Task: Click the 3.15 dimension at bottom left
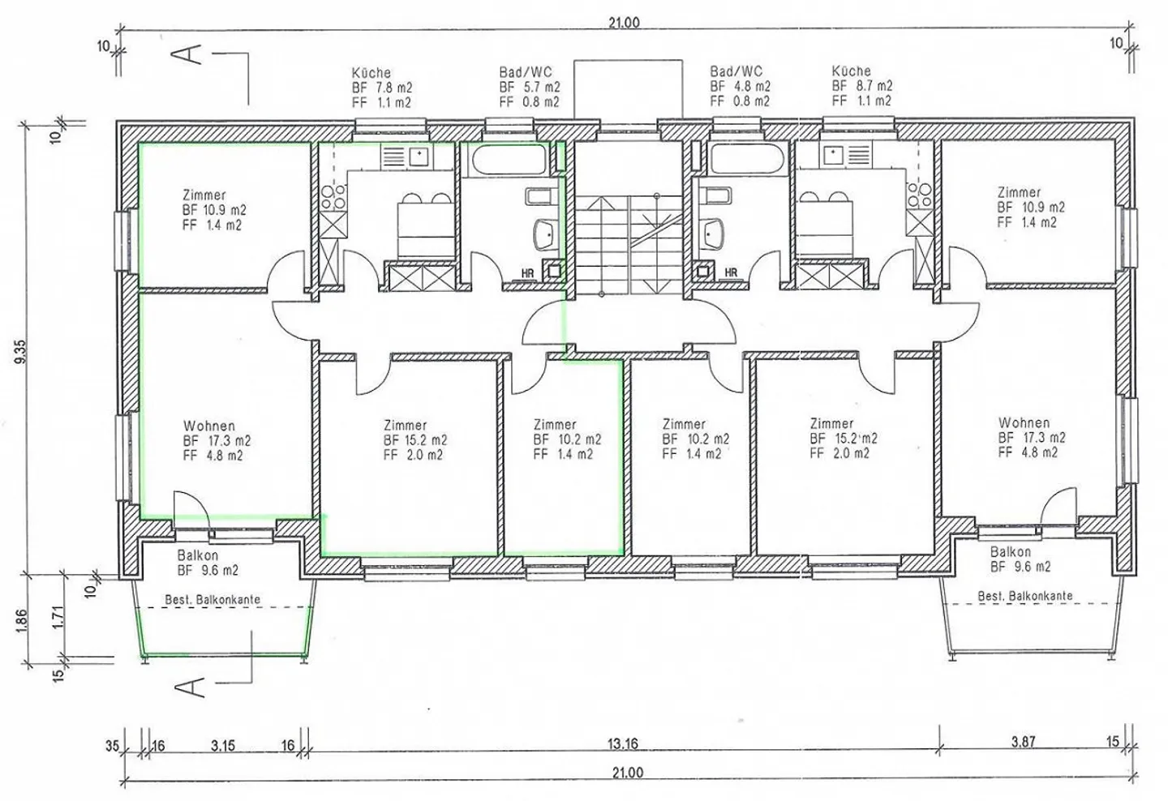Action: pyautogui.click(x=222, y=744)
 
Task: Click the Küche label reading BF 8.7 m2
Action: pyautogui.click(x=861, y=85)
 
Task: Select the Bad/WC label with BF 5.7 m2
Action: pyautogui.click(x=529, y=87)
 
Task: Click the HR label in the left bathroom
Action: pyautogui.click(x=527, y=273)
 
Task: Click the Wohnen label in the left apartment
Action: pyautogui.click(x=209, y=426)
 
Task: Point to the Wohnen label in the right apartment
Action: pyautogui.click(x=1024, y=422)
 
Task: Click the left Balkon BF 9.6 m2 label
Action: pyautogui.click(x=208, y=563)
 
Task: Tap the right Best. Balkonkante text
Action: pyautogui.click(x=1024, y=596)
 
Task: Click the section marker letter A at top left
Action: pyautogui.click(x=187, y=54)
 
